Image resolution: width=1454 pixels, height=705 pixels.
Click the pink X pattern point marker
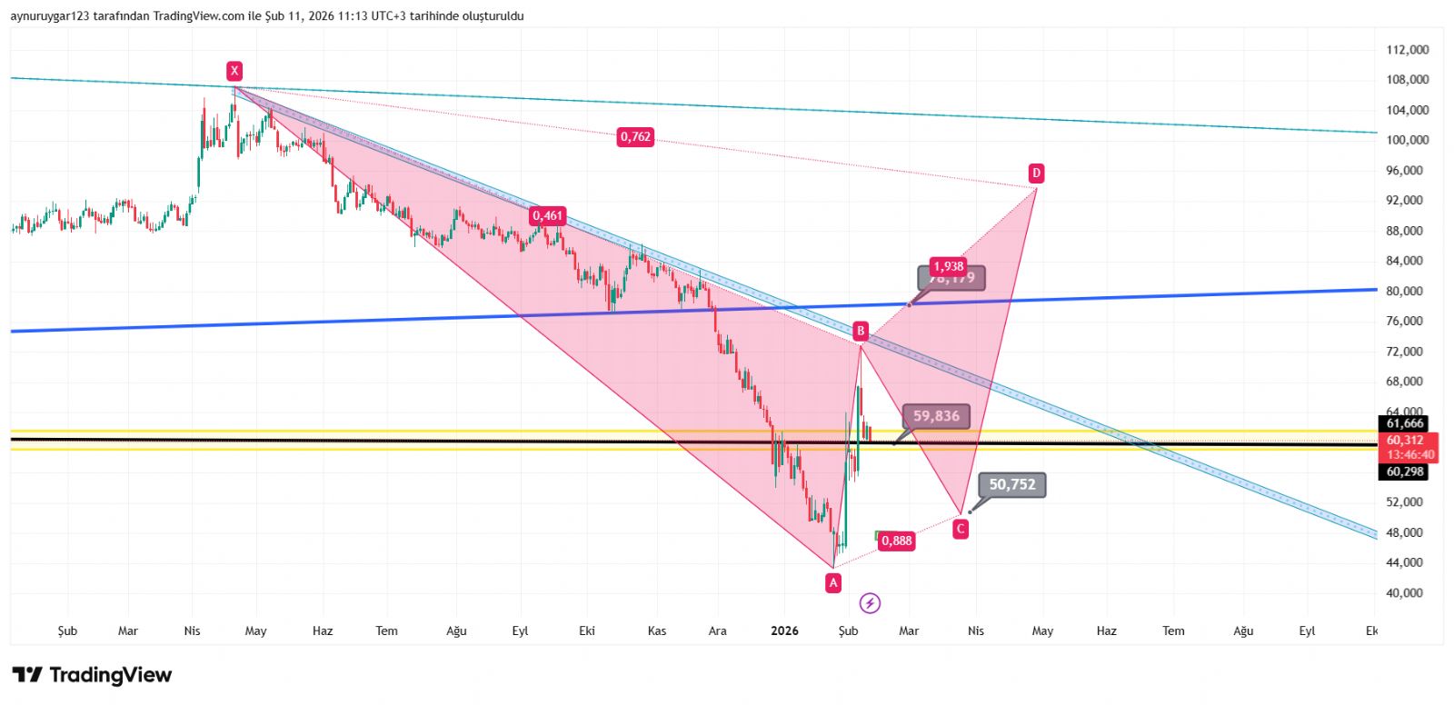click(234, 71)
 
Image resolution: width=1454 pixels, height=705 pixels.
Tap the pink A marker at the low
click(833, 583)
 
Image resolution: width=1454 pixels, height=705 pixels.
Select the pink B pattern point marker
click(861, 331)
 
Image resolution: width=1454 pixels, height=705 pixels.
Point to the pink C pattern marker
click(961, 529)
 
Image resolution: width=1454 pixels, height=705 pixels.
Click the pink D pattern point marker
click(1036, 173)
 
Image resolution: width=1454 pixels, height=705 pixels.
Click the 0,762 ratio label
click(635, 137)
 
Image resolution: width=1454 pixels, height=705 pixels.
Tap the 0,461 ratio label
click(548, 215)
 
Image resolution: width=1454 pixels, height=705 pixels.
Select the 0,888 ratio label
click(896, 541)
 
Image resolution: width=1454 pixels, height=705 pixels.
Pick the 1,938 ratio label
click(948, 266)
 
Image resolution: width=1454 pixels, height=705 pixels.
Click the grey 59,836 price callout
click(936, 416)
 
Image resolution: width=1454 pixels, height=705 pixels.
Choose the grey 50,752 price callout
click(1011, 484)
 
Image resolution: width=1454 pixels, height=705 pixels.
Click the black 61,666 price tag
click(1405, 423)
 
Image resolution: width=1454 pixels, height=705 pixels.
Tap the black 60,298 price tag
click(1405, 472)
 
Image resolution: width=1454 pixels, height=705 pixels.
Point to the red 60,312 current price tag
click(1405, 441)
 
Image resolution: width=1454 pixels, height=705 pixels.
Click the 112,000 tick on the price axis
click(1407, 50)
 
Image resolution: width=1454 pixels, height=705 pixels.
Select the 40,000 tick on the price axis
click(1407, 592)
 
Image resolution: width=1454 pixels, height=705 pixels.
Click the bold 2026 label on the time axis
click(783, 631)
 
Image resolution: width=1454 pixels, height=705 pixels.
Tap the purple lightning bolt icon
click(870, 603)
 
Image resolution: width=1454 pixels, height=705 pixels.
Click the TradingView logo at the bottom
click(92, 675)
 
